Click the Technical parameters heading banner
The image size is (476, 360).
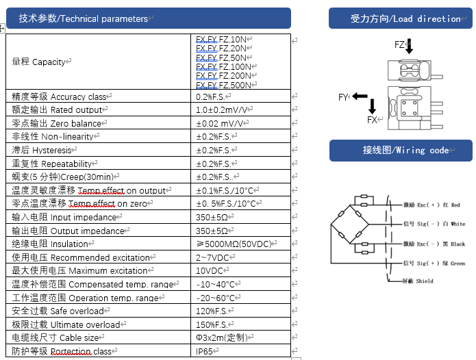coord(148,18)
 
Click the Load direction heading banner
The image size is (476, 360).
coord(401,18)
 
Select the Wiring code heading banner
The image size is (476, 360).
coord(401,150)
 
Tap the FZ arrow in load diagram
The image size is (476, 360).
coord(410,47)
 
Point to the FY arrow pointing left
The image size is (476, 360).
coord(360,97)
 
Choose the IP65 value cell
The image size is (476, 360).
coord(205,351)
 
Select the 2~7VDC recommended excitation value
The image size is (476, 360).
coord(213,257)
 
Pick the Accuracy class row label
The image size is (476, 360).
coord(60,97)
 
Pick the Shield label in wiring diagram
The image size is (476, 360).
coord(415,281)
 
